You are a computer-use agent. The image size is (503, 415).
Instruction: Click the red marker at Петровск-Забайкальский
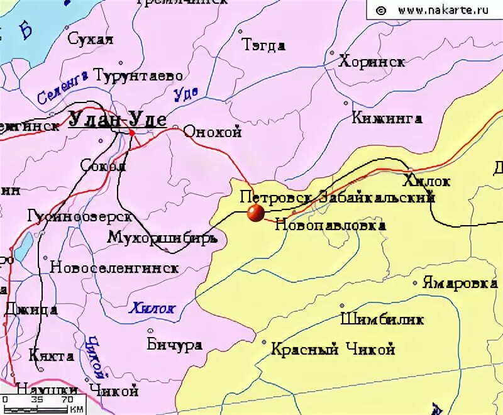(x=255, y=213)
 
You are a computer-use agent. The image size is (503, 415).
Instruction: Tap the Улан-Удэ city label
(x=117, y=119)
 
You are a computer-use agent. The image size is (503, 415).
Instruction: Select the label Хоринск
(x=372, y=62)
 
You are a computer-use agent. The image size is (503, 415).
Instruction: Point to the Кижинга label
(x=387, y=118)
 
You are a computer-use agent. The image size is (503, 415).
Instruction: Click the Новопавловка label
(x=330, y=225)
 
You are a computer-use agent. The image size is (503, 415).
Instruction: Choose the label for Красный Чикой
(x=333, y=349)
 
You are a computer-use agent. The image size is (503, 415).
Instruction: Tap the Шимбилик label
(x=382, y=319)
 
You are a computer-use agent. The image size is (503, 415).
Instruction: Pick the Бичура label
(x=174, y=345)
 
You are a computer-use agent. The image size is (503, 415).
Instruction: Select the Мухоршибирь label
(x=163, y=238)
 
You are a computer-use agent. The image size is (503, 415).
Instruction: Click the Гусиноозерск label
(x=80, y=216)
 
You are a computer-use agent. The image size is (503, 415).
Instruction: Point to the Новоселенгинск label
(x=114, y=267)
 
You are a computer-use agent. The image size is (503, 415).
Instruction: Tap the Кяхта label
(x=52, y=356)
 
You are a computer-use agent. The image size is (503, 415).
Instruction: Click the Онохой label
(x=213, y=132)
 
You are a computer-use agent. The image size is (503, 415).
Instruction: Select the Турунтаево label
(x=139, y=76)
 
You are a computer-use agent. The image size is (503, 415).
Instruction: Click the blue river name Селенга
(x=62, y=87)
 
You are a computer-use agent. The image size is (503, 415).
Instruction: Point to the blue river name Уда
(x=185, y=94)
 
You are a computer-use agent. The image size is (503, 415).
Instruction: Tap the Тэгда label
(x=263, y=45)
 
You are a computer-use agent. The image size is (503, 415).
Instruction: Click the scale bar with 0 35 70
(x=41, y=403)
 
